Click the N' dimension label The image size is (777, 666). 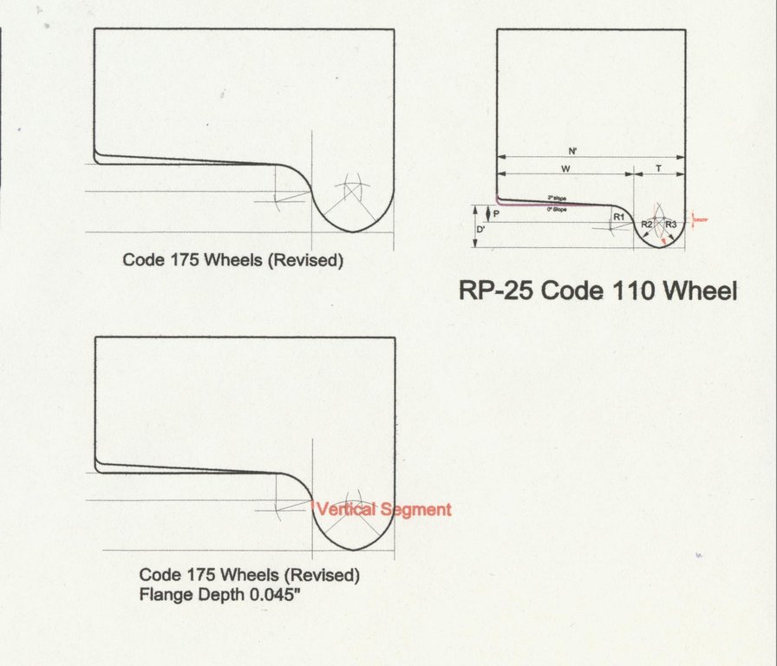pyautogui.click(x=573, y=150)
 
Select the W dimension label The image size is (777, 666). pyautogui.click(x=565, y=167)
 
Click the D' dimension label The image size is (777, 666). pyautogui.click(x=482, y=230)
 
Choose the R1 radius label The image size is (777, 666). pyautogui.click(x=618, y=216)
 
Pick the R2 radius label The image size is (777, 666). pyautogui.click(x=647, y=225)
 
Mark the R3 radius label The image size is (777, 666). pyautogui.click(x=671, y=225)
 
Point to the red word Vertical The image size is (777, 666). pyautogui.click(x=344, y=510)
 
